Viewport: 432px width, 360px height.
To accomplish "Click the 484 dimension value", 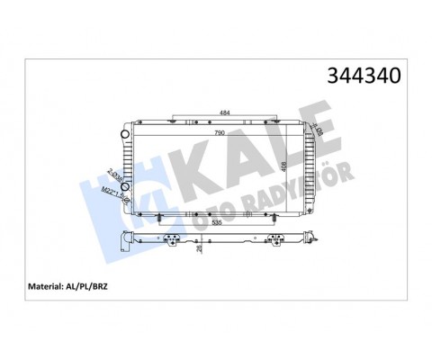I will pyautogui.click(x=223, y=112).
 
